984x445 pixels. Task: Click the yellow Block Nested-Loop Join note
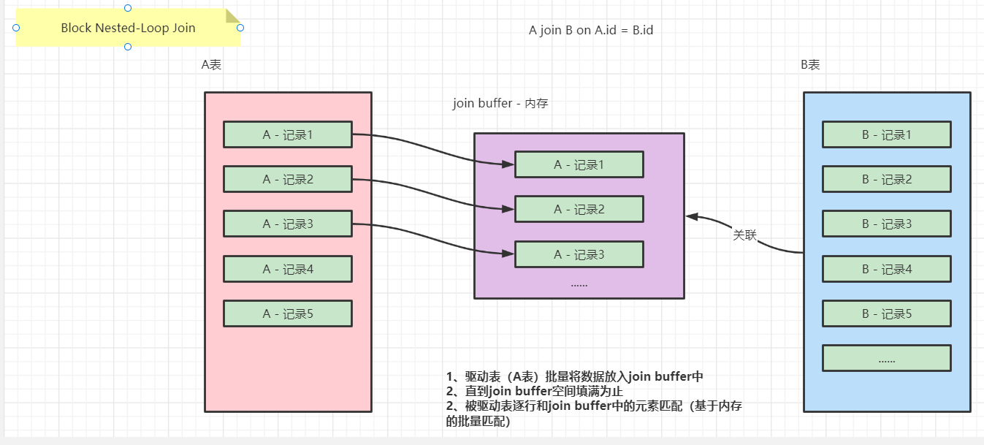pos(128,28)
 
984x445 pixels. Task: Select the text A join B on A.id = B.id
pos(591,30)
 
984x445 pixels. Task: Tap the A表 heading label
pos(211,64)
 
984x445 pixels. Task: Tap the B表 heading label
pos(810,64)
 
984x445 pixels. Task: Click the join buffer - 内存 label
pos(500,103)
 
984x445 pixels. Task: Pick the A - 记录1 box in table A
pos(288,134)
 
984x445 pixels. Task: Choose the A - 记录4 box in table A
pos(288,269)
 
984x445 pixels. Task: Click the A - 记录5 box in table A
pos(288,313)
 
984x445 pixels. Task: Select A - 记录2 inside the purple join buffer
pos(579,209)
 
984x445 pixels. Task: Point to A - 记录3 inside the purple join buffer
pos(579,254)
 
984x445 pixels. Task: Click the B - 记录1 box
pos(887,134)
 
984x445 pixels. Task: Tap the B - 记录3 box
pos(887,224)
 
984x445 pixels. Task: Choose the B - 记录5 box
pos(887,313)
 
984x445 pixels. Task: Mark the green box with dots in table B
pos(887,359)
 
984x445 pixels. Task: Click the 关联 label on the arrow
pos(744,235)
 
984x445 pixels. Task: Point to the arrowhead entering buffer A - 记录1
pos(508,164)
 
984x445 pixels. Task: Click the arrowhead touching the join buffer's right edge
pos(692,216)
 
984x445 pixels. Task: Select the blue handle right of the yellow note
pos(240,28)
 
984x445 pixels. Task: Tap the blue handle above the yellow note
pos(128,8)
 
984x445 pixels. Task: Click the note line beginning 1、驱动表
pos(575,376)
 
